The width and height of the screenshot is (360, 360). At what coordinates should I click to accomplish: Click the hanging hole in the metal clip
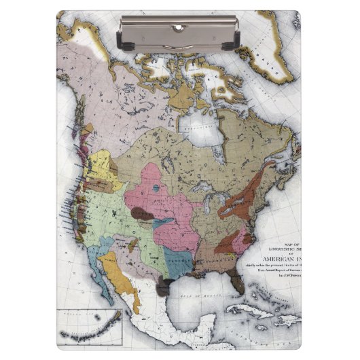click(178, 27)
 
